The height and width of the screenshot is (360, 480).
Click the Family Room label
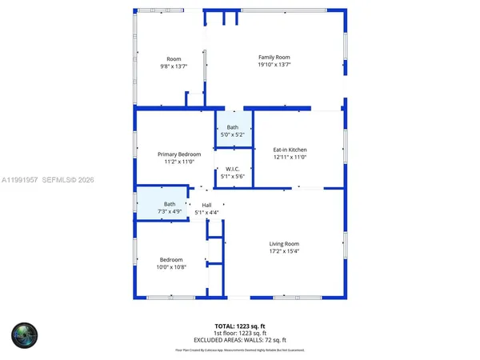[x=274, y=57]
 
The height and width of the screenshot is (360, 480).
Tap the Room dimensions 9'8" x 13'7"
[x=174, y=66]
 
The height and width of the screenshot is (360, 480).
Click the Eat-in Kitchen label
[x=290, y=150]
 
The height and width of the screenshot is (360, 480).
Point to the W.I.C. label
[x=233, y=169]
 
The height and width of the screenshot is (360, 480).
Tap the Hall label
[x=206, y=205]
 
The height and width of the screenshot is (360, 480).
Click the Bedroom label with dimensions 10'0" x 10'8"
[x=171, y=260]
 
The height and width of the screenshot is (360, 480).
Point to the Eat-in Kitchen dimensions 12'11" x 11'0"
[x=290, y=158]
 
